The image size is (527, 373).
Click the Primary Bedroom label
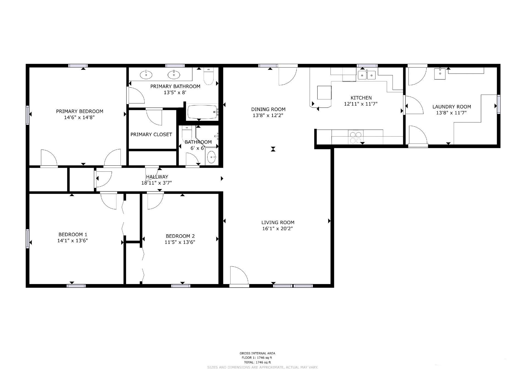[x=80, y=111]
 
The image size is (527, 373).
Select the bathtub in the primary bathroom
[x=203, y=112]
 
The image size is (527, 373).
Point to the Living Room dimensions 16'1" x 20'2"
[x=277, y=229]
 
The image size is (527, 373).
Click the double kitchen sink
[x=367, y=75]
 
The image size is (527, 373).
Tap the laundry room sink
[x=440, y=74]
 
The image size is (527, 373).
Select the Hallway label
[x=157, y=177]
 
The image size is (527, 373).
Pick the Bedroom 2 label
[x=180, y=236]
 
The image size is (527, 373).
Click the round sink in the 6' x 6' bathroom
[x=212, y=158]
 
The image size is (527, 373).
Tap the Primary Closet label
[x=151, y=134]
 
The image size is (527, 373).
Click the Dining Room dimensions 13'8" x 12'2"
[x=268, y=115]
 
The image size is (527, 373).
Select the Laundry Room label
[x=452, y=107]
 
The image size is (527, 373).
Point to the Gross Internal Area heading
[x=257, y=353]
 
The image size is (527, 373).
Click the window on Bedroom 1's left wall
[x=27, y=239]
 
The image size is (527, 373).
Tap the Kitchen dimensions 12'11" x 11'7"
[x=361, y=104]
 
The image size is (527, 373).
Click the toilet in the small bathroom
[x=187, y=133]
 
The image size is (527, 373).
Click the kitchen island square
[x=324, y=93]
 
